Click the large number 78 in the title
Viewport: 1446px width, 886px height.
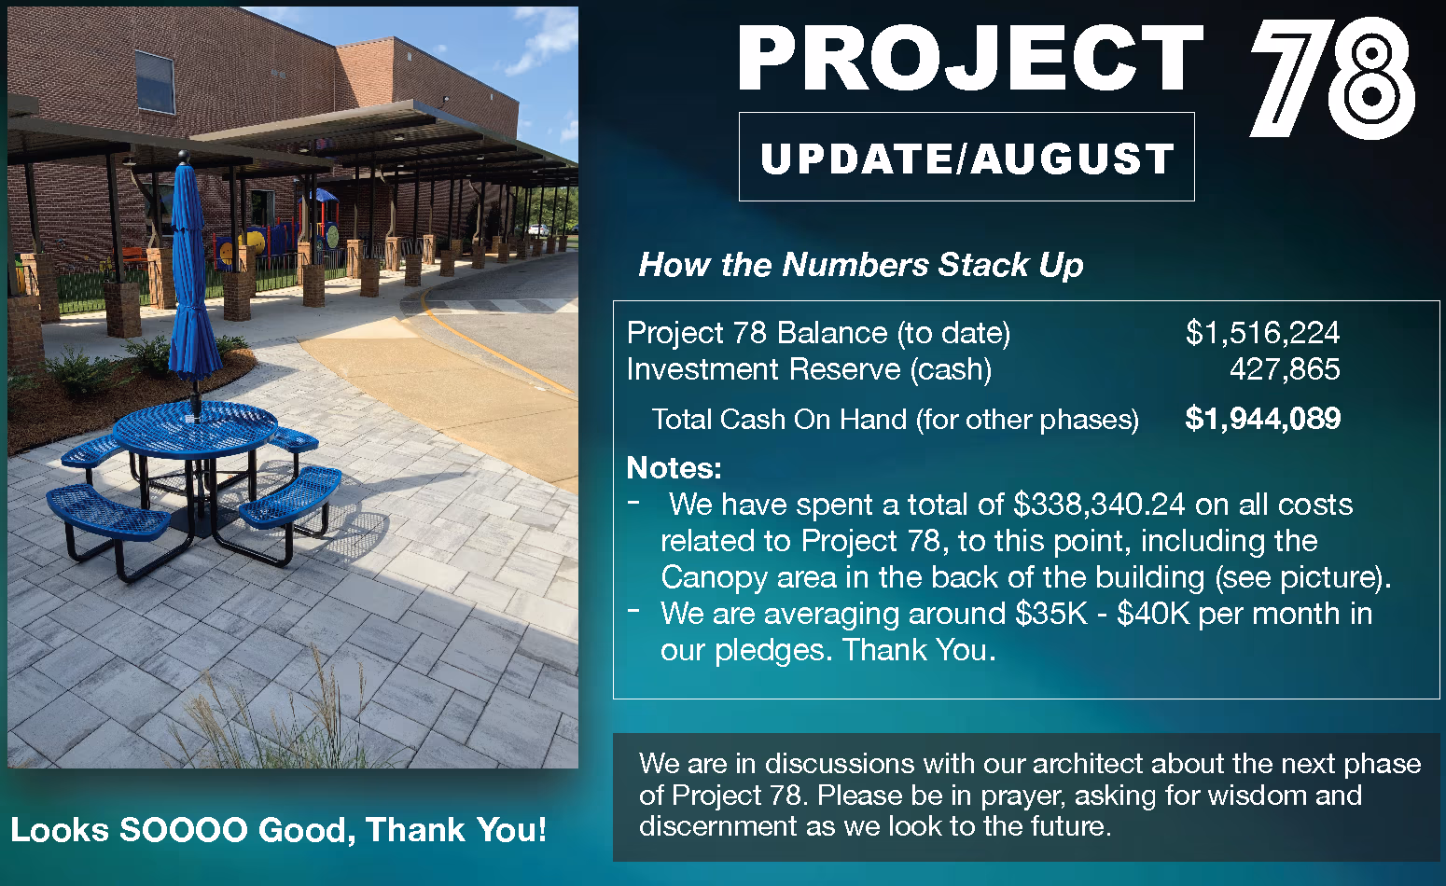pos(1332,77)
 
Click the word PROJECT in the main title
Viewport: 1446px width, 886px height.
pos(970,60)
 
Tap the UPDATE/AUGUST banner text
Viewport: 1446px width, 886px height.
pos(967,159)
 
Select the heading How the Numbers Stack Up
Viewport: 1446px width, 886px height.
pos(860,265)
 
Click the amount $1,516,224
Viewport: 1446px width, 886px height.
pos(1262,333)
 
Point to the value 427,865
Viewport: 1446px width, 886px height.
pos(1285,369)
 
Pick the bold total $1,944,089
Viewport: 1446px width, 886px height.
pos(1262,419)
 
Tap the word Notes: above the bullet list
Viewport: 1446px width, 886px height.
pos(674,468)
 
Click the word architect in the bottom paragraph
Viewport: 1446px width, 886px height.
pos(1089,764)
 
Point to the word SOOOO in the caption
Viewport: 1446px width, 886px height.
pos(184,830)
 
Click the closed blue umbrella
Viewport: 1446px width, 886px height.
pos(191,271)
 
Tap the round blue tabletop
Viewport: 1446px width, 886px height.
pos(195,428)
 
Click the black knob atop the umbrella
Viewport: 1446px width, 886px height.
pos(184,156)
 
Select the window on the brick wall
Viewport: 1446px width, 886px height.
pos(155,83)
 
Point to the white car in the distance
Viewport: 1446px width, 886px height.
pos(537,229)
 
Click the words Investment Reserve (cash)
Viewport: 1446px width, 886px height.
pos(809,369)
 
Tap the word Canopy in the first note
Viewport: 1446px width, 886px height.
pos(715,578)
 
